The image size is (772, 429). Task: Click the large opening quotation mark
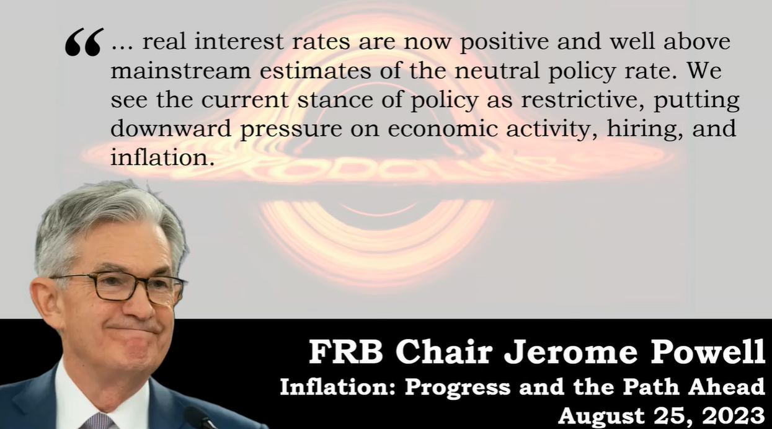pyautogui.click(x=84, y=42)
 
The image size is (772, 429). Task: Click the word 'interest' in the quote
pyautogui.click(x=239, y=42)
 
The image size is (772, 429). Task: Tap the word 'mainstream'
pyautogui.click(x=180, y=70)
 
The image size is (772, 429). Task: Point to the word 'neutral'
pyautogui.click(x=497, y=70)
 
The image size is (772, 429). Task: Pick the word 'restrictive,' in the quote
pyautogui.click(x=582, y=100)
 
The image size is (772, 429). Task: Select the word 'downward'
pyautogui.click(x=171, y=128)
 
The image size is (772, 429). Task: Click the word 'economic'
pyautogui.click(x=443, y=128)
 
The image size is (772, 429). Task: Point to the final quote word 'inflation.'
pyautogui.click(x=162, y=157)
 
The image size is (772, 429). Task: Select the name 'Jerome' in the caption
pyautogui.click(x=570, y=352)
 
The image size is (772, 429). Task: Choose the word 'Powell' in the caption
pyautogui.click(x=708, y=352)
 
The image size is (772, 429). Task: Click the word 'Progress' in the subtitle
pyautogui.click(x=458, y=388)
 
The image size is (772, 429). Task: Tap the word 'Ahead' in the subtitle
pyautogui.click(x=727, y=387)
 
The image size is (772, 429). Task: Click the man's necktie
pyautogui.click(x=97, y=421)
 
